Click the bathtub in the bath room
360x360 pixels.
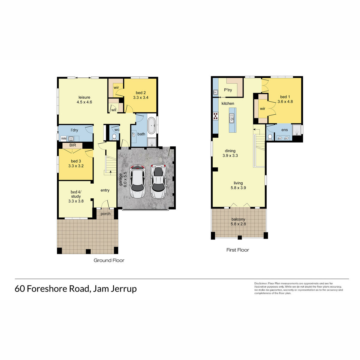click(x=151, y=125)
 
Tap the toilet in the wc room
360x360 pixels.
click(x=114, y=137)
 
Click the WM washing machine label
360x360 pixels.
click(x=64, y=139)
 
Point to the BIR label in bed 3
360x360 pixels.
click(x=73, y=145)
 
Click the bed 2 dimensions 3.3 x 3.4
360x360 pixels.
click(x=141, y=97)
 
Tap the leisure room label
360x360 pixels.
click(x=84, y=97)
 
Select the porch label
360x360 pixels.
click(x=106, y=214)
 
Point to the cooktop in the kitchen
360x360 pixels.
click(x=215, y=116)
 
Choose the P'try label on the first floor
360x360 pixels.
click(x=228, y=90)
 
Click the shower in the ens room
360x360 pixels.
click(x=297, y=130)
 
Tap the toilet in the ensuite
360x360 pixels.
click(x=270, y=137)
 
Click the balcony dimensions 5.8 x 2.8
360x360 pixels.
click(x=238, y=224)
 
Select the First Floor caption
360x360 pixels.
click(x=238, y=250)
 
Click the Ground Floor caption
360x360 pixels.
click(x=109, y=260)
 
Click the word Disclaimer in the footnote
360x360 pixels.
click(x=261, y=283)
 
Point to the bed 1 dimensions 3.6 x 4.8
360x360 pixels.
click(x=285, y=101)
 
